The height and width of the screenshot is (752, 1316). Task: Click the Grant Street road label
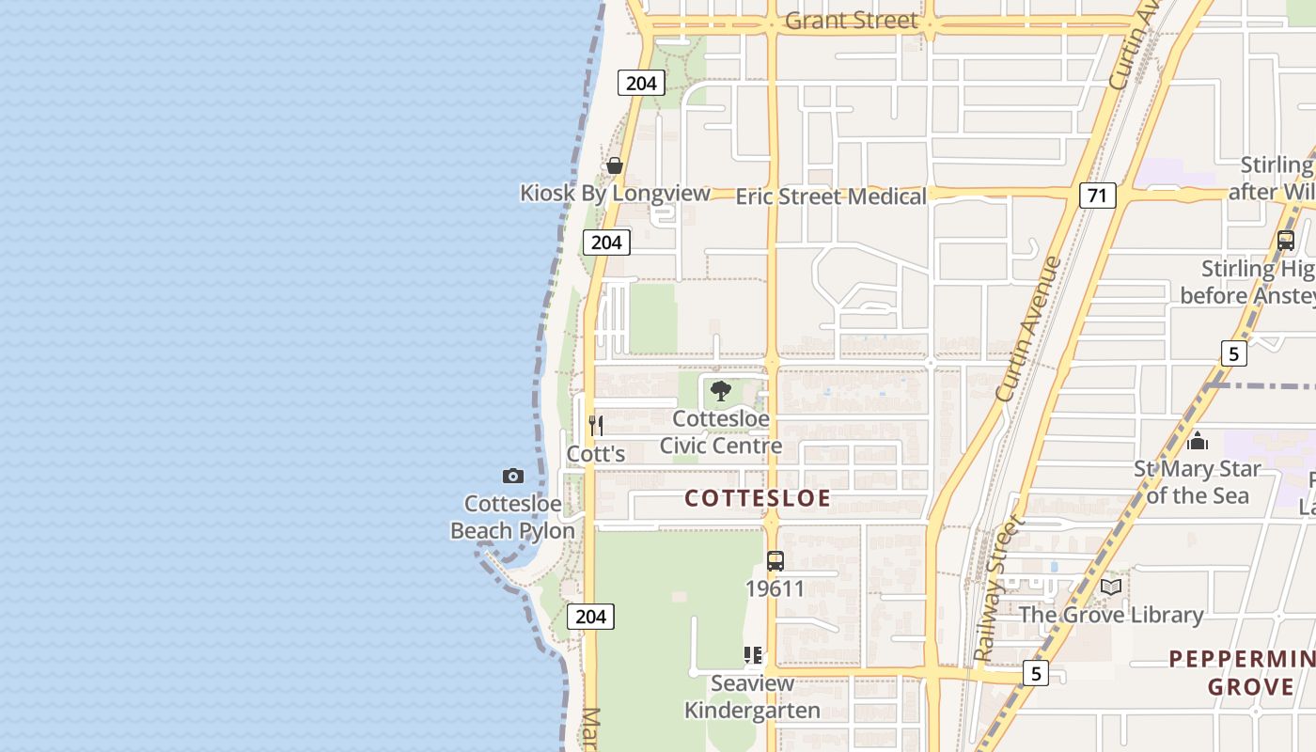[851, 21]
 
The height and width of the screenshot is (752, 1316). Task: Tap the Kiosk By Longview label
[615, 194]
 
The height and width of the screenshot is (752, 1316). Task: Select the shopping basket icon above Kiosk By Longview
[615, 165]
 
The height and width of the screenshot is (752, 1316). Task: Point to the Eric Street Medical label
[831, 196]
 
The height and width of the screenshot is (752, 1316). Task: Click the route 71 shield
[1097, 196]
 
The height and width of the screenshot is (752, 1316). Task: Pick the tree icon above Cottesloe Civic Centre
[721, 391]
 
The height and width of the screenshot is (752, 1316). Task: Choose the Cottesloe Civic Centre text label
[721, 432]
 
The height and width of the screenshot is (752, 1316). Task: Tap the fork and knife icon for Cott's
[595, 425]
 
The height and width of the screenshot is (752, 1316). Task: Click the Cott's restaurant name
[596, 454]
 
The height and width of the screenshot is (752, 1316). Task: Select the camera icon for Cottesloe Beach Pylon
[512, 476]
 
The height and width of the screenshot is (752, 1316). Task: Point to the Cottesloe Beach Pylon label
[512, 517]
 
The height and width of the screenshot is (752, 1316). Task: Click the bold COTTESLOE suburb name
[758, 498]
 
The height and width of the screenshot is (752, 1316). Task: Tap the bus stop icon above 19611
[775, 561]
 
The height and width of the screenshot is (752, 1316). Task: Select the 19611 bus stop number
[775, 589]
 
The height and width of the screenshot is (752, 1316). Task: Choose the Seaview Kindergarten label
[752, 697]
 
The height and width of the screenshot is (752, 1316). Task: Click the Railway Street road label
[996, 588]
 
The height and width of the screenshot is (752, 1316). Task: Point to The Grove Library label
[1111, 616]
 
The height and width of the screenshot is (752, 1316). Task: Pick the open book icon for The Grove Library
[1111, 587]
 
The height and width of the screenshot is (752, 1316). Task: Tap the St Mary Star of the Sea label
[1198, 482]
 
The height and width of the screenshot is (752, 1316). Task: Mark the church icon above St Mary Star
[1198, 440]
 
